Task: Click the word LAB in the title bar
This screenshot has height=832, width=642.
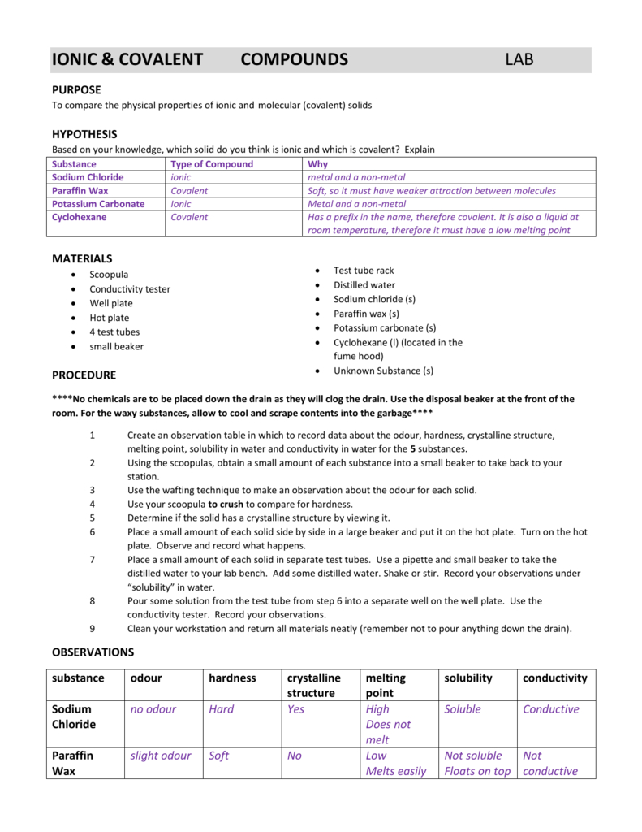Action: coord(519,59)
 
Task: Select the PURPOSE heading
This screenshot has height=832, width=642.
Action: coord(76,90)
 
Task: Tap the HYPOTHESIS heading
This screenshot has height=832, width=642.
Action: coord(84,134)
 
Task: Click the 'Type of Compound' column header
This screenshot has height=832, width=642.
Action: coord(212,164)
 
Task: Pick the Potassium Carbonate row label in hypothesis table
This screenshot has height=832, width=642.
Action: coord(98,204)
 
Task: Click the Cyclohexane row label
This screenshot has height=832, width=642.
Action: coord(80,218)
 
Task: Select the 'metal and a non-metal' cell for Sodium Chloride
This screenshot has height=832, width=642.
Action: coord(356,177)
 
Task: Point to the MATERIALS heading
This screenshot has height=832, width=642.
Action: coord(82,258)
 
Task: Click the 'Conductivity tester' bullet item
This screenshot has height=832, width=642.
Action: coord(130,289)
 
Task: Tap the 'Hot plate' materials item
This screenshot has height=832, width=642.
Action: coord(109,318)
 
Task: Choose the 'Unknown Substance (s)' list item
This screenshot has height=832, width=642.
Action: coord(383,370)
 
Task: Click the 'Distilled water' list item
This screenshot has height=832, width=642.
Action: coord(364,285)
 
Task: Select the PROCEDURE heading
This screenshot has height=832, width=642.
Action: coord(84,375)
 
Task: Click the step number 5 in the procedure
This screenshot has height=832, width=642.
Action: coord(93,518)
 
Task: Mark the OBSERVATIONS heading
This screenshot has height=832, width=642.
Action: coord(93,652)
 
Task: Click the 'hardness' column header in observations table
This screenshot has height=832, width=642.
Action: coord(232,678)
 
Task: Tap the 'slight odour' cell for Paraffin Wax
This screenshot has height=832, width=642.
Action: coord(161,756)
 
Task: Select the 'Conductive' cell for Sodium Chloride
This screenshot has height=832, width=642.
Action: coord(551,709)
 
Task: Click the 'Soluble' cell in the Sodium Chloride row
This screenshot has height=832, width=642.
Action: coord(463,709)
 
